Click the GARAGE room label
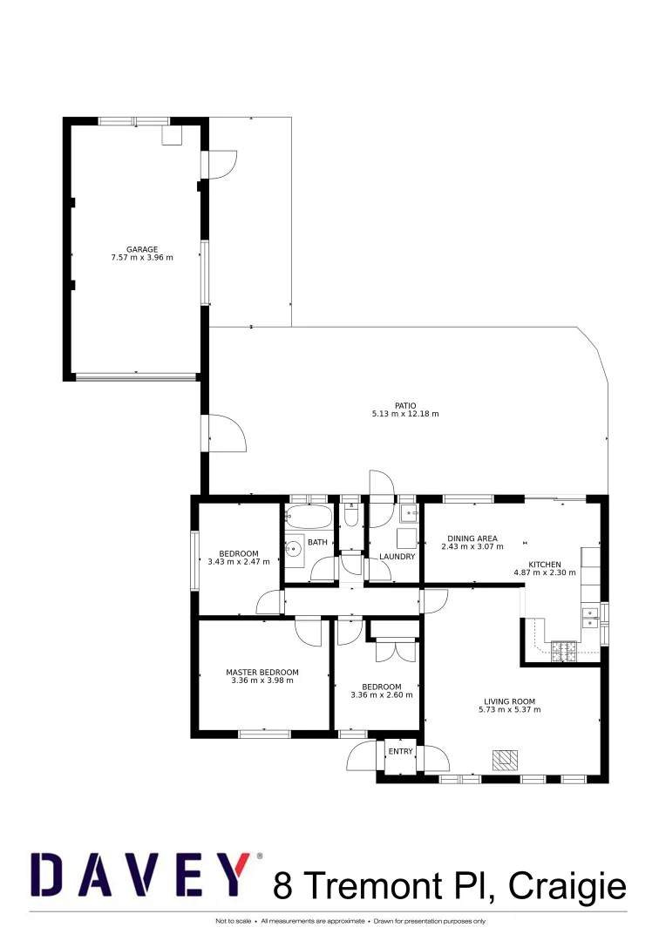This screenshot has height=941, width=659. tap(142, 249)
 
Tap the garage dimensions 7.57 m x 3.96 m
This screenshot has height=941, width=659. tap(142, 258)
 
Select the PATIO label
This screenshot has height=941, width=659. tap(405, 405)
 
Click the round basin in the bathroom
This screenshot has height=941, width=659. tap(295, 549)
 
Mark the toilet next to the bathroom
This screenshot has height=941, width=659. tap(351, 517)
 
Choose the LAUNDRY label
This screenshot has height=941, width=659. tap(397, 557)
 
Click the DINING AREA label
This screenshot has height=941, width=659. tap(472, 538)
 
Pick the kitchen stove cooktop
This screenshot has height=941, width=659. tap(564, 649)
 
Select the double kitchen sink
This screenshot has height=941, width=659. tap(590, 618)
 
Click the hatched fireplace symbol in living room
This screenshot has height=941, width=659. tap(504, 760)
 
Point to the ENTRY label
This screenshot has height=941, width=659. tap(401, 751)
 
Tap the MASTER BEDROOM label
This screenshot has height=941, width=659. tap(262, 672)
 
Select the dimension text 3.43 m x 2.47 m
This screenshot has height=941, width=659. tap(239, 562)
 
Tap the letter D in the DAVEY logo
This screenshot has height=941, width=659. tap(56, 875)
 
